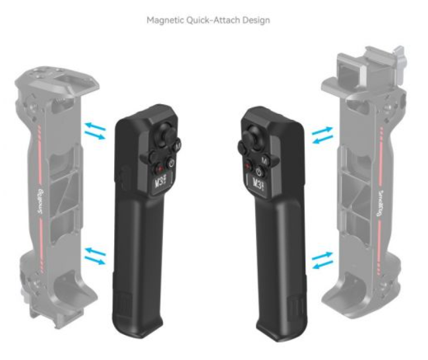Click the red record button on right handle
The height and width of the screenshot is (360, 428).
click(x=248, y=166)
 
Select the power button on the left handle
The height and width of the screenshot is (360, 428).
click(x=171, y=164)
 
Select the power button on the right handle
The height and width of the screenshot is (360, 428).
click(x=259, y=173)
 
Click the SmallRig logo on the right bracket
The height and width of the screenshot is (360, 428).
click(x=381, y=204)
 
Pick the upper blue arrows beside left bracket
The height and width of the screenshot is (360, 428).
click(x=95, y=131)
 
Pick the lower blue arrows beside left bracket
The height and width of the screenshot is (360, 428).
click(x=95, y=256)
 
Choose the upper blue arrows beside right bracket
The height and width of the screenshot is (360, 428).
click(x=322, y=135)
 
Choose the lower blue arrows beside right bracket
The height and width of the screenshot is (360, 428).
click(x=322, y=260)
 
